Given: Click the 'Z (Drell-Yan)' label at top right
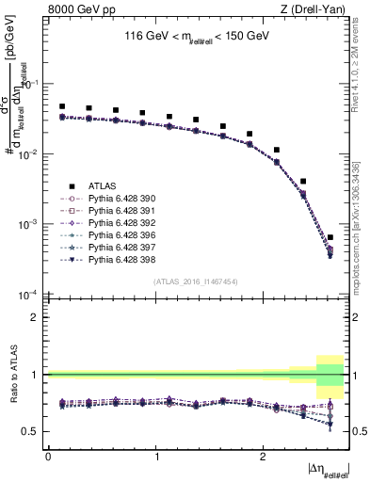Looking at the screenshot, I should (x=317, y=8).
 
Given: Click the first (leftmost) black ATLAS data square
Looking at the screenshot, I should (x=62, y=107).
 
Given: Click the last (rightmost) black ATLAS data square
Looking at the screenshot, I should (x=330, y=238).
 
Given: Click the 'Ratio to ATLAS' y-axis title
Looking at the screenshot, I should (x=13, y=375).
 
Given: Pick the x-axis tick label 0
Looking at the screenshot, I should (x=49, y=456).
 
